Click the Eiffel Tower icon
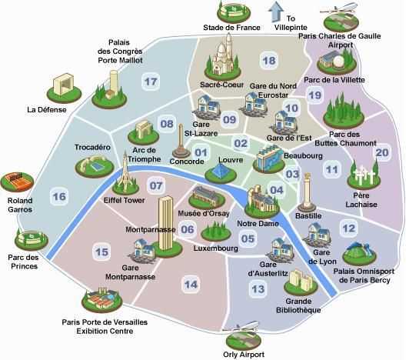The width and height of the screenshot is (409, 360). tap(119, 172)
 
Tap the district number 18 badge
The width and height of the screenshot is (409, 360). tap(268, 60)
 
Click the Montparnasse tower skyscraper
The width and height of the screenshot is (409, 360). tap(165, 221)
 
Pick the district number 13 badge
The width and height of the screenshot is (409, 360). tap(258, 289)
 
